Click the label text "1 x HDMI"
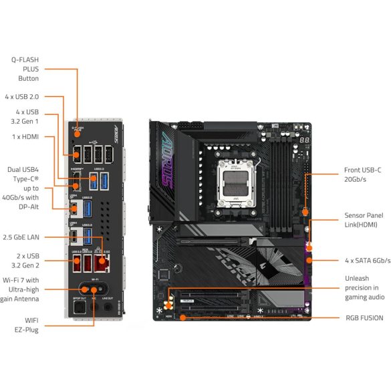tap(25, 136)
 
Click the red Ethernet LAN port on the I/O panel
tap(102, 261)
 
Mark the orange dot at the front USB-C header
tap(305, 212)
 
